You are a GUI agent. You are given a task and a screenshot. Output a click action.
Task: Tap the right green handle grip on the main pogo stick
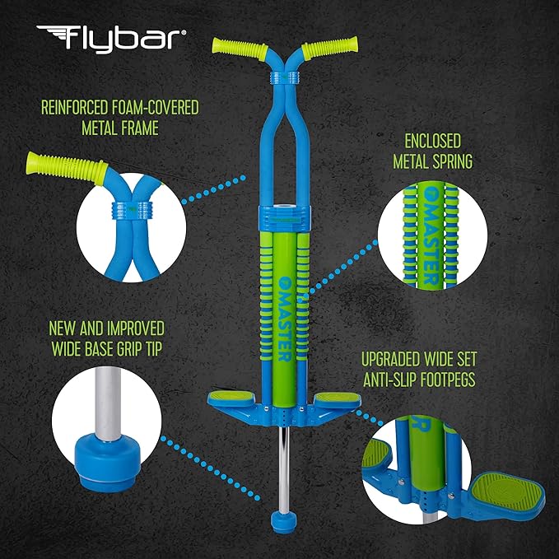click(x=329, y=45)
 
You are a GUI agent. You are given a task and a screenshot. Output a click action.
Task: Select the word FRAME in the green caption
click(x=141, y=128)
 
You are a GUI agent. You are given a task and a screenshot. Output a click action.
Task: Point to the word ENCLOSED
click(x=432, y=141)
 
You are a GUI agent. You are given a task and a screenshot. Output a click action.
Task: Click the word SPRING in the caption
click(x=453, y=161)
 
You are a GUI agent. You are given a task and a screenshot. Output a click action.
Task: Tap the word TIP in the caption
click(x=152, y=349)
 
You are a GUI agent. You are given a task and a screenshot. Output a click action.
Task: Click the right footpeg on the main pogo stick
click(x=338, y=398)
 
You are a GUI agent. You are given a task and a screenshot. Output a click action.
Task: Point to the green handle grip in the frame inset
click(x=67, y=168)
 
